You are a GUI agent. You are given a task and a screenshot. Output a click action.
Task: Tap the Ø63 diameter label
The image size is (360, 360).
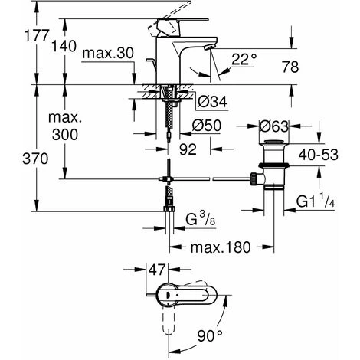[274, 126]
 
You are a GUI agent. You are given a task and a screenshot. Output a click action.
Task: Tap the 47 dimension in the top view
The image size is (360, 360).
[156, 270]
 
